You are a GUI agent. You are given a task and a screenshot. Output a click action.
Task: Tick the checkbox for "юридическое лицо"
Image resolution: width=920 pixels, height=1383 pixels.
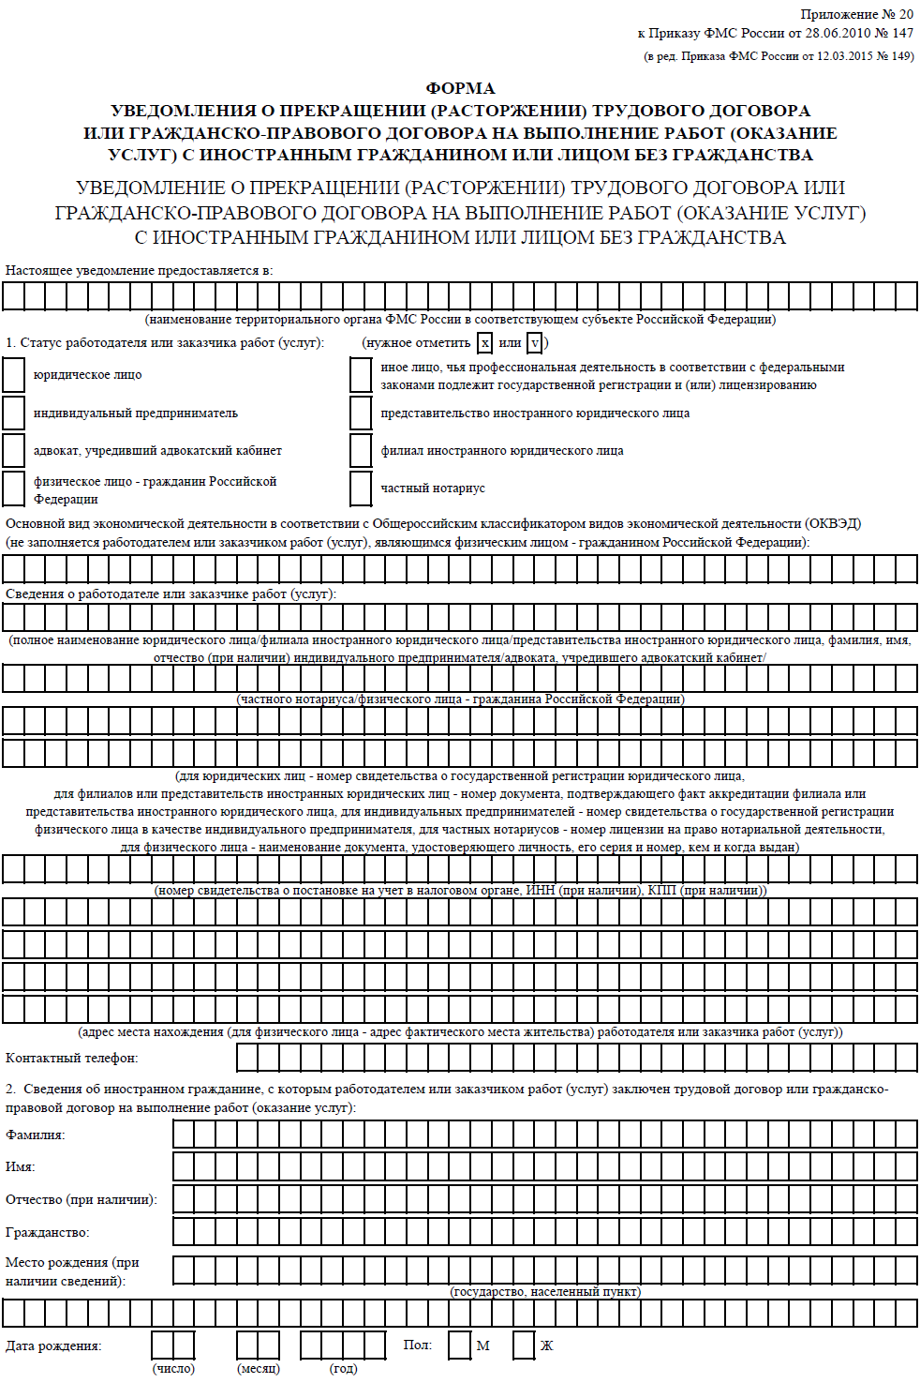14,375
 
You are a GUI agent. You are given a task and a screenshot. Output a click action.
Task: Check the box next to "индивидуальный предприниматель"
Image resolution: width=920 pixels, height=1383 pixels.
14,413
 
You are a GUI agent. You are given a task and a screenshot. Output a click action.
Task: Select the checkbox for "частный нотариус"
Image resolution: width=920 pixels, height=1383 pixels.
361,489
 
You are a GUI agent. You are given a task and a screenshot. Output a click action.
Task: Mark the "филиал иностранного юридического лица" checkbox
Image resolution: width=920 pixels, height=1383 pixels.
361,450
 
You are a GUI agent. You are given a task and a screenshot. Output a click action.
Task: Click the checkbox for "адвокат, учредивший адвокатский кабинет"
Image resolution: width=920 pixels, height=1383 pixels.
14,450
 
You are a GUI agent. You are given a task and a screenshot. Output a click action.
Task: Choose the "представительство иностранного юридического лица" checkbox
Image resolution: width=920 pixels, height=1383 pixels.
361,413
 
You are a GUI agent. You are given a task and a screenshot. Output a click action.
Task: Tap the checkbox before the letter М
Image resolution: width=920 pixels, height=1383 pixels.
459,1345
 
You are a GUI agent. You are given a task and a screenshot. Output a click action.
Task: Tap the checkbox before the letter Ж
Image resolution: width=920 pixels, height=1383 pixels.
524,1345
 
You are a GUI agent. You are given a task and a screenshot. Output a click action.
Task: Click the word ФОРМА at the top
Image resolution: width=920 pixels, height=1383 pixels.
460,88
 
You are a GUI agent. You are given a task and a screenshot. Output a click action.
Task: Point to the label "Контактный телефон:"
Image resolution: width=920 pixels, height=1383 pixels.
71,1058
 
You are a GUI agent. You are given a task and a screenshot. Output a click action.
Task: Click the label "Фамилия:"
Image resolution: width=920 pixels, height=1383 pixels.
36,1135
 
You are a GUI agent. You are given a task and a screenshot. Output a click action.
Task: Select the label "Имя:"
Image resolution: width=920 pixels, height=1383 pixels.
21,1167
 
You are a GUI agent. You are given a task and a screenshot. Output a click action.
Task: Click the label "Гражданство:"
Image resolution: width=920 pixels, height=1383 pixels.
48,1232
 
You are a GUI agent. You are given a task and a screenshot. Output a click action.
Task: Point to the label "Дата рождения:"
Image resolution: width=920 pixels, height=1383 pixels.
53,1345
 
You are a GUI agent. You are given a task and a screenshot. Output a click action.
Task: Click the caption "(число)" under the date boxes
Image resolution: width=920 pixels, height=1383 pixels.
173,1369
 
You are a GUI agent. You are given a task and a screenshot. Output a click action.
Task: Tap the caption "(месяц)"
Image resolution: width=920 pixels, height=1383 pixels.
259,1369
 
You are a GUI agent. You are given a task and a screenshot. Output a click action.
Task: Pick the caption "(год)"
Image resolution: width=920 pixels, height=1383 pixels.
343,1369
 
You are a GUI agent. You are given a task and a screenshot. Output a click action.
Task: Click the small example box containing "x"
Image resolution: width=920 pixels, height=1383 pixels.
484,343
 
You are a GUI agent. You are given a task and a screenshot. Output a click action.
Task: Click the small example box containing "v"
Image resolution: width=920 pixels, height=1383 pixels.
534,343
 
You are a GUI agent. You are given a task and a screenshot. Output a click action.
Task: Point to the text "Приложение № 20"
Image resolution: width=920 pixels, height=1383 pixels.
856,14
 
